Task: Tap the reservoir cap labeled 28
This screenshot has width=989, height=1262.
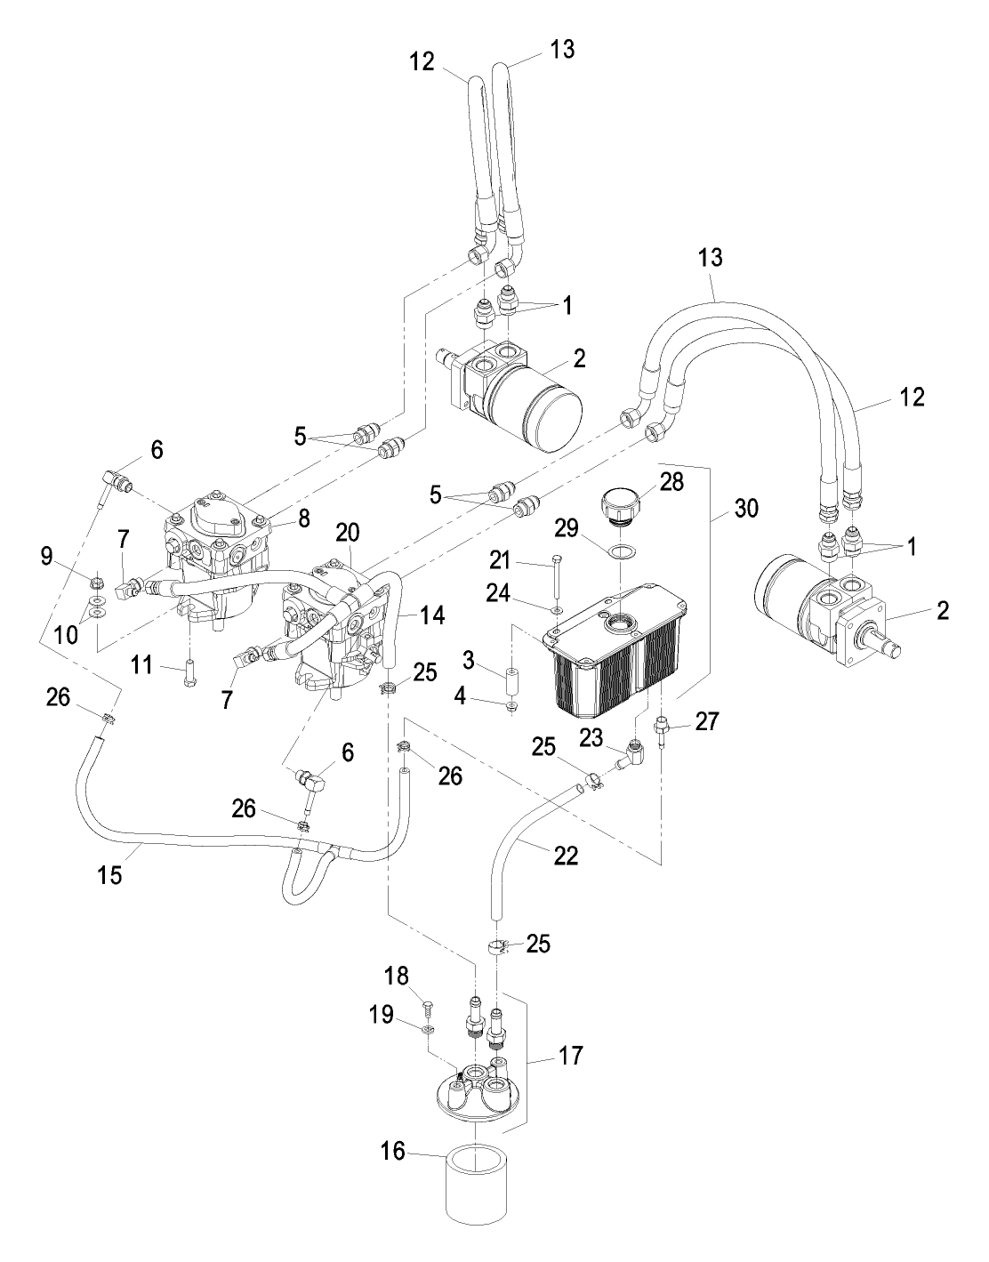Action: pyautogui.click(x=622, y=505)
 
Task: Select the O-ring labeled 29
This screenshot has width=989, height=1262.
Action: pyautogui.click(x=623, y=551)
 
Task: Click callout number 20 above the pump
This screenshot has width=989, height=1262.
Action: pyautogui.click(x=347, y=532)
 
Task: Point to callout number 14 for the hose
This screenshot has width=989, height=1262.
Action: pyautogui.click(x=432, y=615)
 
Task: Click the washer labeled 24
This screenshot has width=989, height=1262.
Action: pyautogui.click(x=557, y=610)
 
